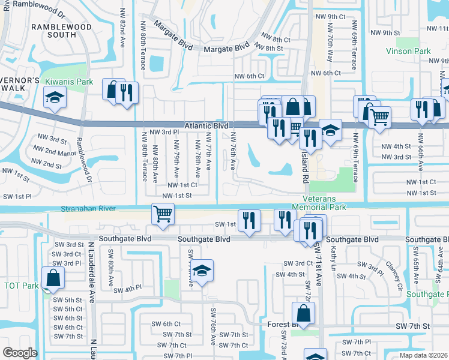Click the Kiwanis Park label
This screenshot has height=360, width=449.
67,81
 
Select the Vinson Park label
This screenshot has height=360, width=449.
408,51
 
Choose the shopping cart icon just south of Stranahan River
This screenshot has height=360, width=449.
163,214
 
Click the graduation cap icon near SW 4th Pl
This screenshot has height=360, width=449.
202,271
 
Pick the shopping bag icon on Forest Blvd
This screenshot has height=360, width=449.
304,313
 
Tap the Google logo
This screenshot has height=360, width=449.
20,353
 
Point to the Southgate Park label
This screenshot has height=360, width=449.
427,294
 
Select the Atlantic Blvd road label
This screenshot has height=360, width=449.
206,126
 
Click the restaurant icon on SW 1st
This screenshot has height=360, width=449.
249,220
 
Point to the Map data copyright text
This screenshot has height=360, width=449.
424,355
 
